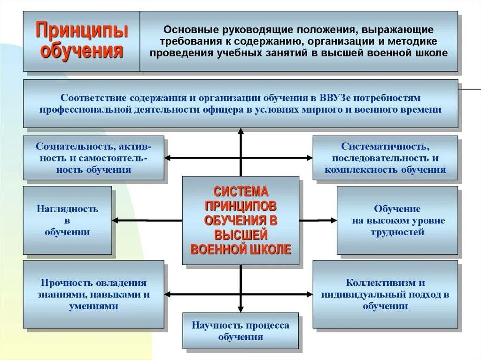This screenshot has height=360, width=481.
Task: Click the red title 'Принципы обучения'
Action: [82, 41]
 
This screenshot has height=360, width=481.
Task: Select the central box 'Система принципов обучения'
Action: [240, 220]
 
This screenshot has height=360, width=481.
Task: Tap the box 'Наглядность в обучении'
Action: [68, 220]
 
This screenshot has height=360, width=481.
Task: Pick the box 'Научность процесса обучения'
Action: [240, 331]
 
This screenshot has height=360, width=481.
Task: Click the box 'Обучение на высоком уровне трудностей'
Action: [397, 220]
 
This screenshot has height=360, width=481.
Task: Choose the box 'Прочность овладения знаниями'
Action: [93, 294]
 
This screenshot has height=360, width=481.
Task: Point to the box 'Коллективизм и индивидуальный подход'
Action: [385, 294]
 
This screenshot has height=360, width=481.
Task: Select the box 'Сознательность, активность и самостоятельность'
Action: [93, 158]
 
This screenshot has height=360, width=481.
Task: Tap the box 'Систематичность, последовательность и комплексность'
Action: [385, 158]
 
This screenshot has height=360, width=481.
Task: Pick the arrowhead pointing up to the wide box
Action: [240, 131]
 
